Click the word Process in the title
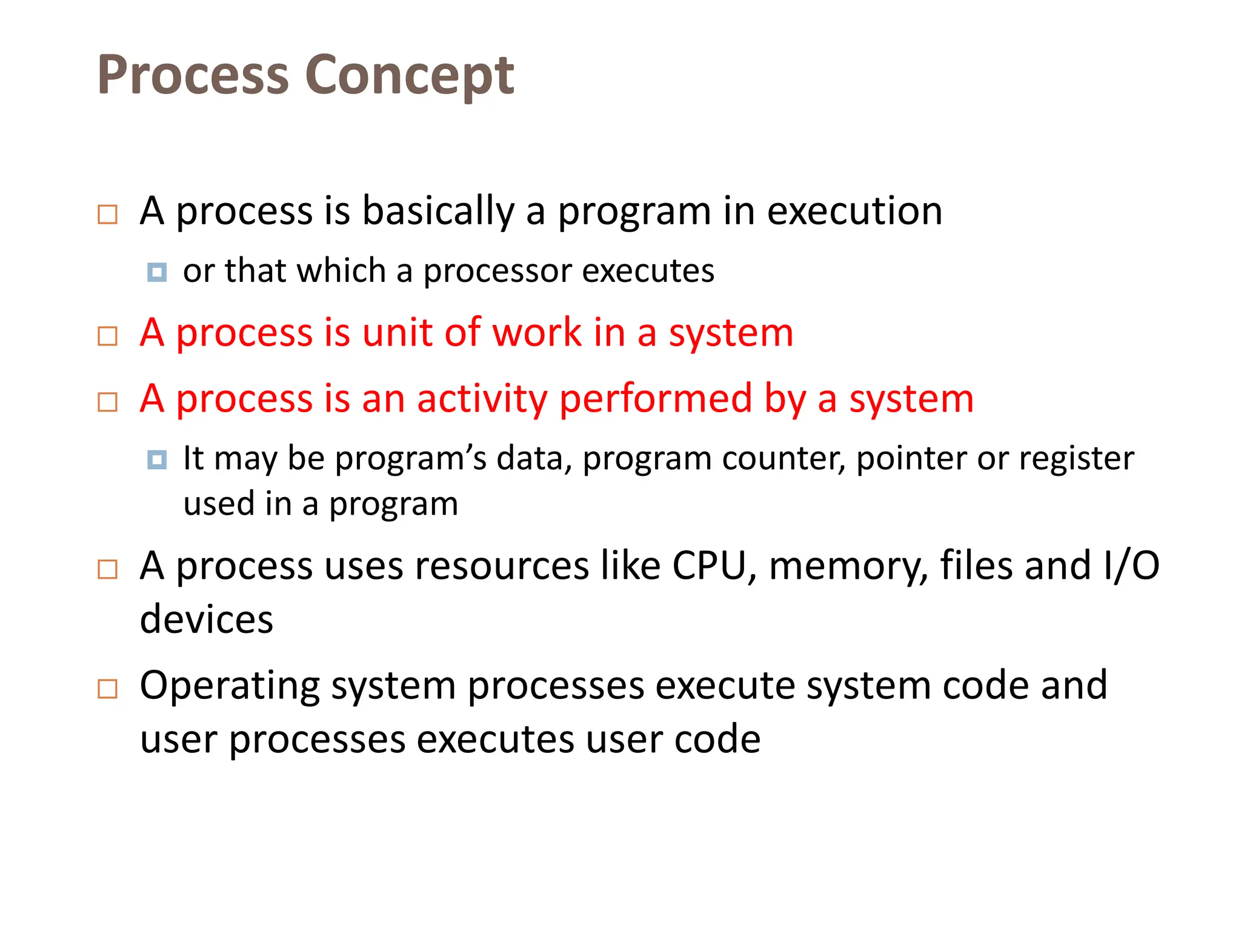(193, 75)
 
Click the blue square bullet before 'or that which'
(157, 272)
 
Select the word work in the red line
(537, 333)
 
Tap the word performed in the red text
(656, 399)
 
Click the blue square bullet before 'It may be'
(157, 459)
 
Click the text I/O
(1131, 566)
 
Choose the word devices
(207, 620)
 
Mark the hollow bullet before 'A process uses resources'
(108, 569)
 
